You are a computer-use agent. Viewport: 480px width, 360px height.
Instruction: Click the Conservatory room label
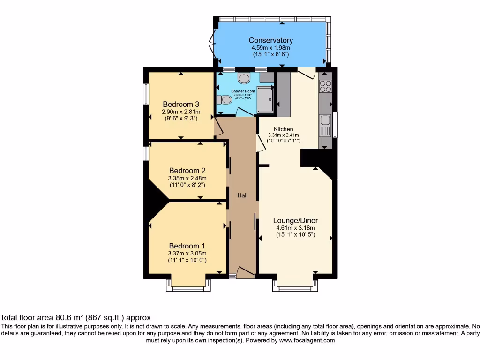coord(271,40)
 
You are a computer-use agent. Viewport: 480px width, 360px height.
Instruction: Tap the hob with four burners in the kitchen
coord(325,86)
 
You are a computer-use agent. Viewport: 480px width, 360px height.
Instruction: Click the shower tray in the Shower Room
coord(266,100)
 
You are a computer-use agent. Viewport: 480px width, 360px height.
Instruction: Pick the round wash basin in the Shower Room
coord(244,78)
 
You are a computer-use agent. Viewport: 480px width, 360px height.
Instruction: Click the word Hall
coord(242,195)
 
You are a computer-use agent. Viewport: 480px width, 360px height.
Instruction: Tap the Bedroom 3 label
coord(181,104)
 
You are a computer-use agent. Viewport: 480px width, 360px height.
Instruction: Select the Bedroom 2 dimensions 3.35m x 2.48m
coord(187,178)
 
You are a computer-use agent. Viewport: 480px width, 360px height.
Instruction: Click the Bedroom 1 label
coord(187,246)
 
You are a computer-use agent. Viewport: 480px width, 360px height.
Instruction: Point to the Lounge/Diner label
coord(295,220)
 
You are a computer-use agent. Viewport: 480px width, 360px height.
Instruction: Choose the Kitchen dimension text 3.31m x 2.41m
coord(284,135)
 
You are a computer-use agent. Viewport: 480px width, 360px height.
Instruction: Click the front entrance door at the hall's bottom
coord(244,273)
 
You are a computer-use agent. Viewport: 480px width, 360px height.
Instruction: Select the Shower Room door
coord(244,112)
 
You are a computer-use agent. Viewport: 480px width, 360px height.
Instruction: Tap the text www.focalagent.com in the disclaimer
coord(307,340)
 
